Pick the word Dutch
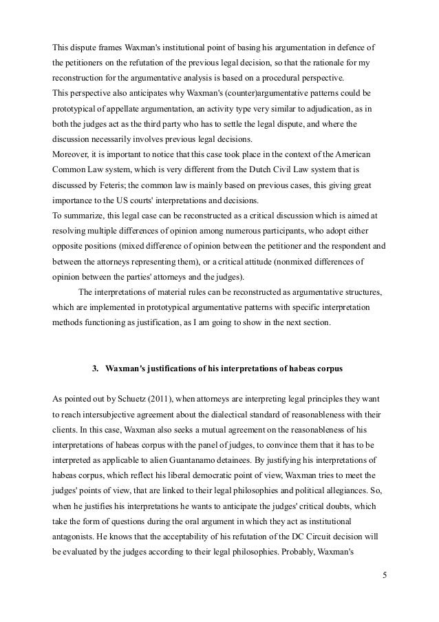[x=259, y=167]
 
